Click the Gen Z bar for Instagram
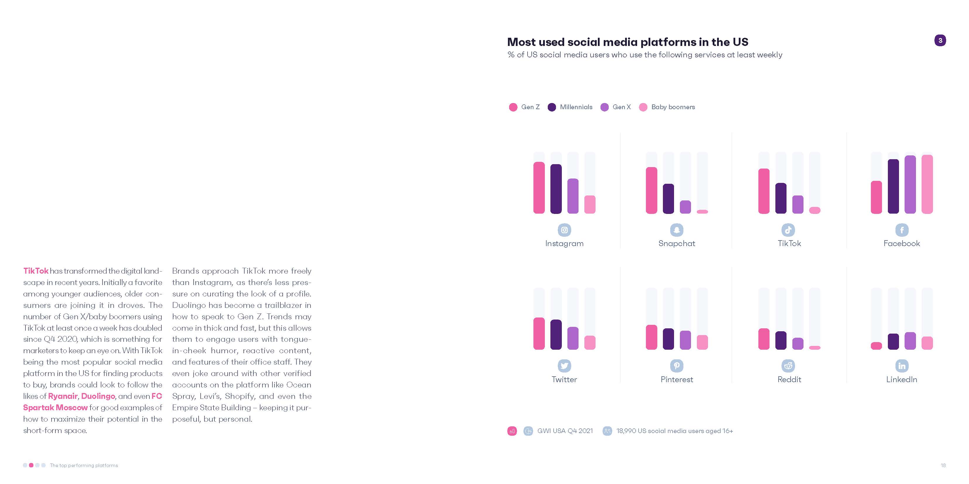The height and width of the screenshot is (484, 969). [539, 188]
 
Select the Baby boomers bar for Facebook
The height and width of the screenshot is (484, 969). [927, 184]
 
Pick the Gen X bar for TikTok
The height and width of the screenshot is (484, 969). [797, 205]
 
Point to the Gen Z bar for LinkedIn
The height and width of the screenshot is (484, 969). [876, 346]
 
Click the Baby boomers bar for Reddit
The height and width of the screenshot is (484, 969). [814, 348]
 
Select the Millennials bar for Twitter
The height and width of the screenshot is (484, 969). [556, 334]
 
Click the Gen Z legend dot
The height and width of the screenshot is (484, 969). [513, 107]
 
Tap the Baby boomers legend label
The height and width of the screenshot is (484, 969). [673, 107]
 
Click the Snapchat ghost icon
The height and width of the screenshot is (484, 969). [676, 230]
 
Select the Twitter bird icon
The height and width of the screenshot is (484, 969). [564, 365]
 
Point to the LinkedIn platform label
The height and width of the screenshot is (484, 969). [901, 380]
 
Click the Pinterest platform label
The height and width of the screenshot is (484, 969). [676, 380]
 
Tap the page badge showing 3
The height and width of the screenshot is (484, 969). [940, 40]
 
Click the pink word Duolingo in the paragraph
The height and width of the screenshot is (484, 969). [98, 396]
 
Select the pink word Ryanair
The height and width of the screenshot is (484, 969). [62, 396]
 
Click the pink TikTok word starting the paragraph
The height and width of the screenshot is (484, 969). [36, 271]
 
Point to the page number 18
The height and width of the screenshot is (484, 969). [943, 465]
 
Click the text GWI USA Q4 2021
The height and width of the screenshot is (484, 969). [565, 431]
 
